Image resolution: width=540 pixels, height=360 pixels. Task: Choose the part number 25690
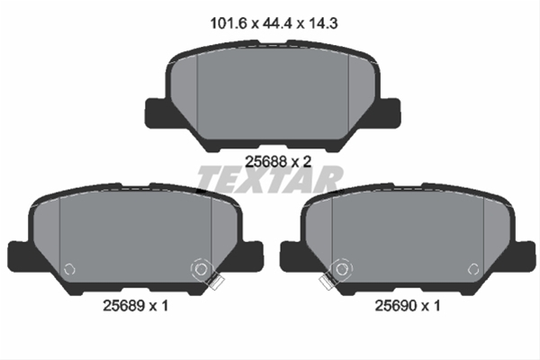(397, 307)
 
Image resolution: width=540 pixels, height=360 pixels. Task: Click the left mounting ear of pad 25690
(292, 254)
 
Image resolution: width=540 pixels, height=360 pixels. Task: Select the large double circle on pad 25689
(200, 267)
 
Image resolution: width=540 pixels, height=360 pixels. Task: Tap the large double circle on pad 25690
(341, 267)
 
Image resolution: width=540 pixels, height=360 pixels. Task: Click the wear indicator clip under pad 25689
(213, 282)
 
